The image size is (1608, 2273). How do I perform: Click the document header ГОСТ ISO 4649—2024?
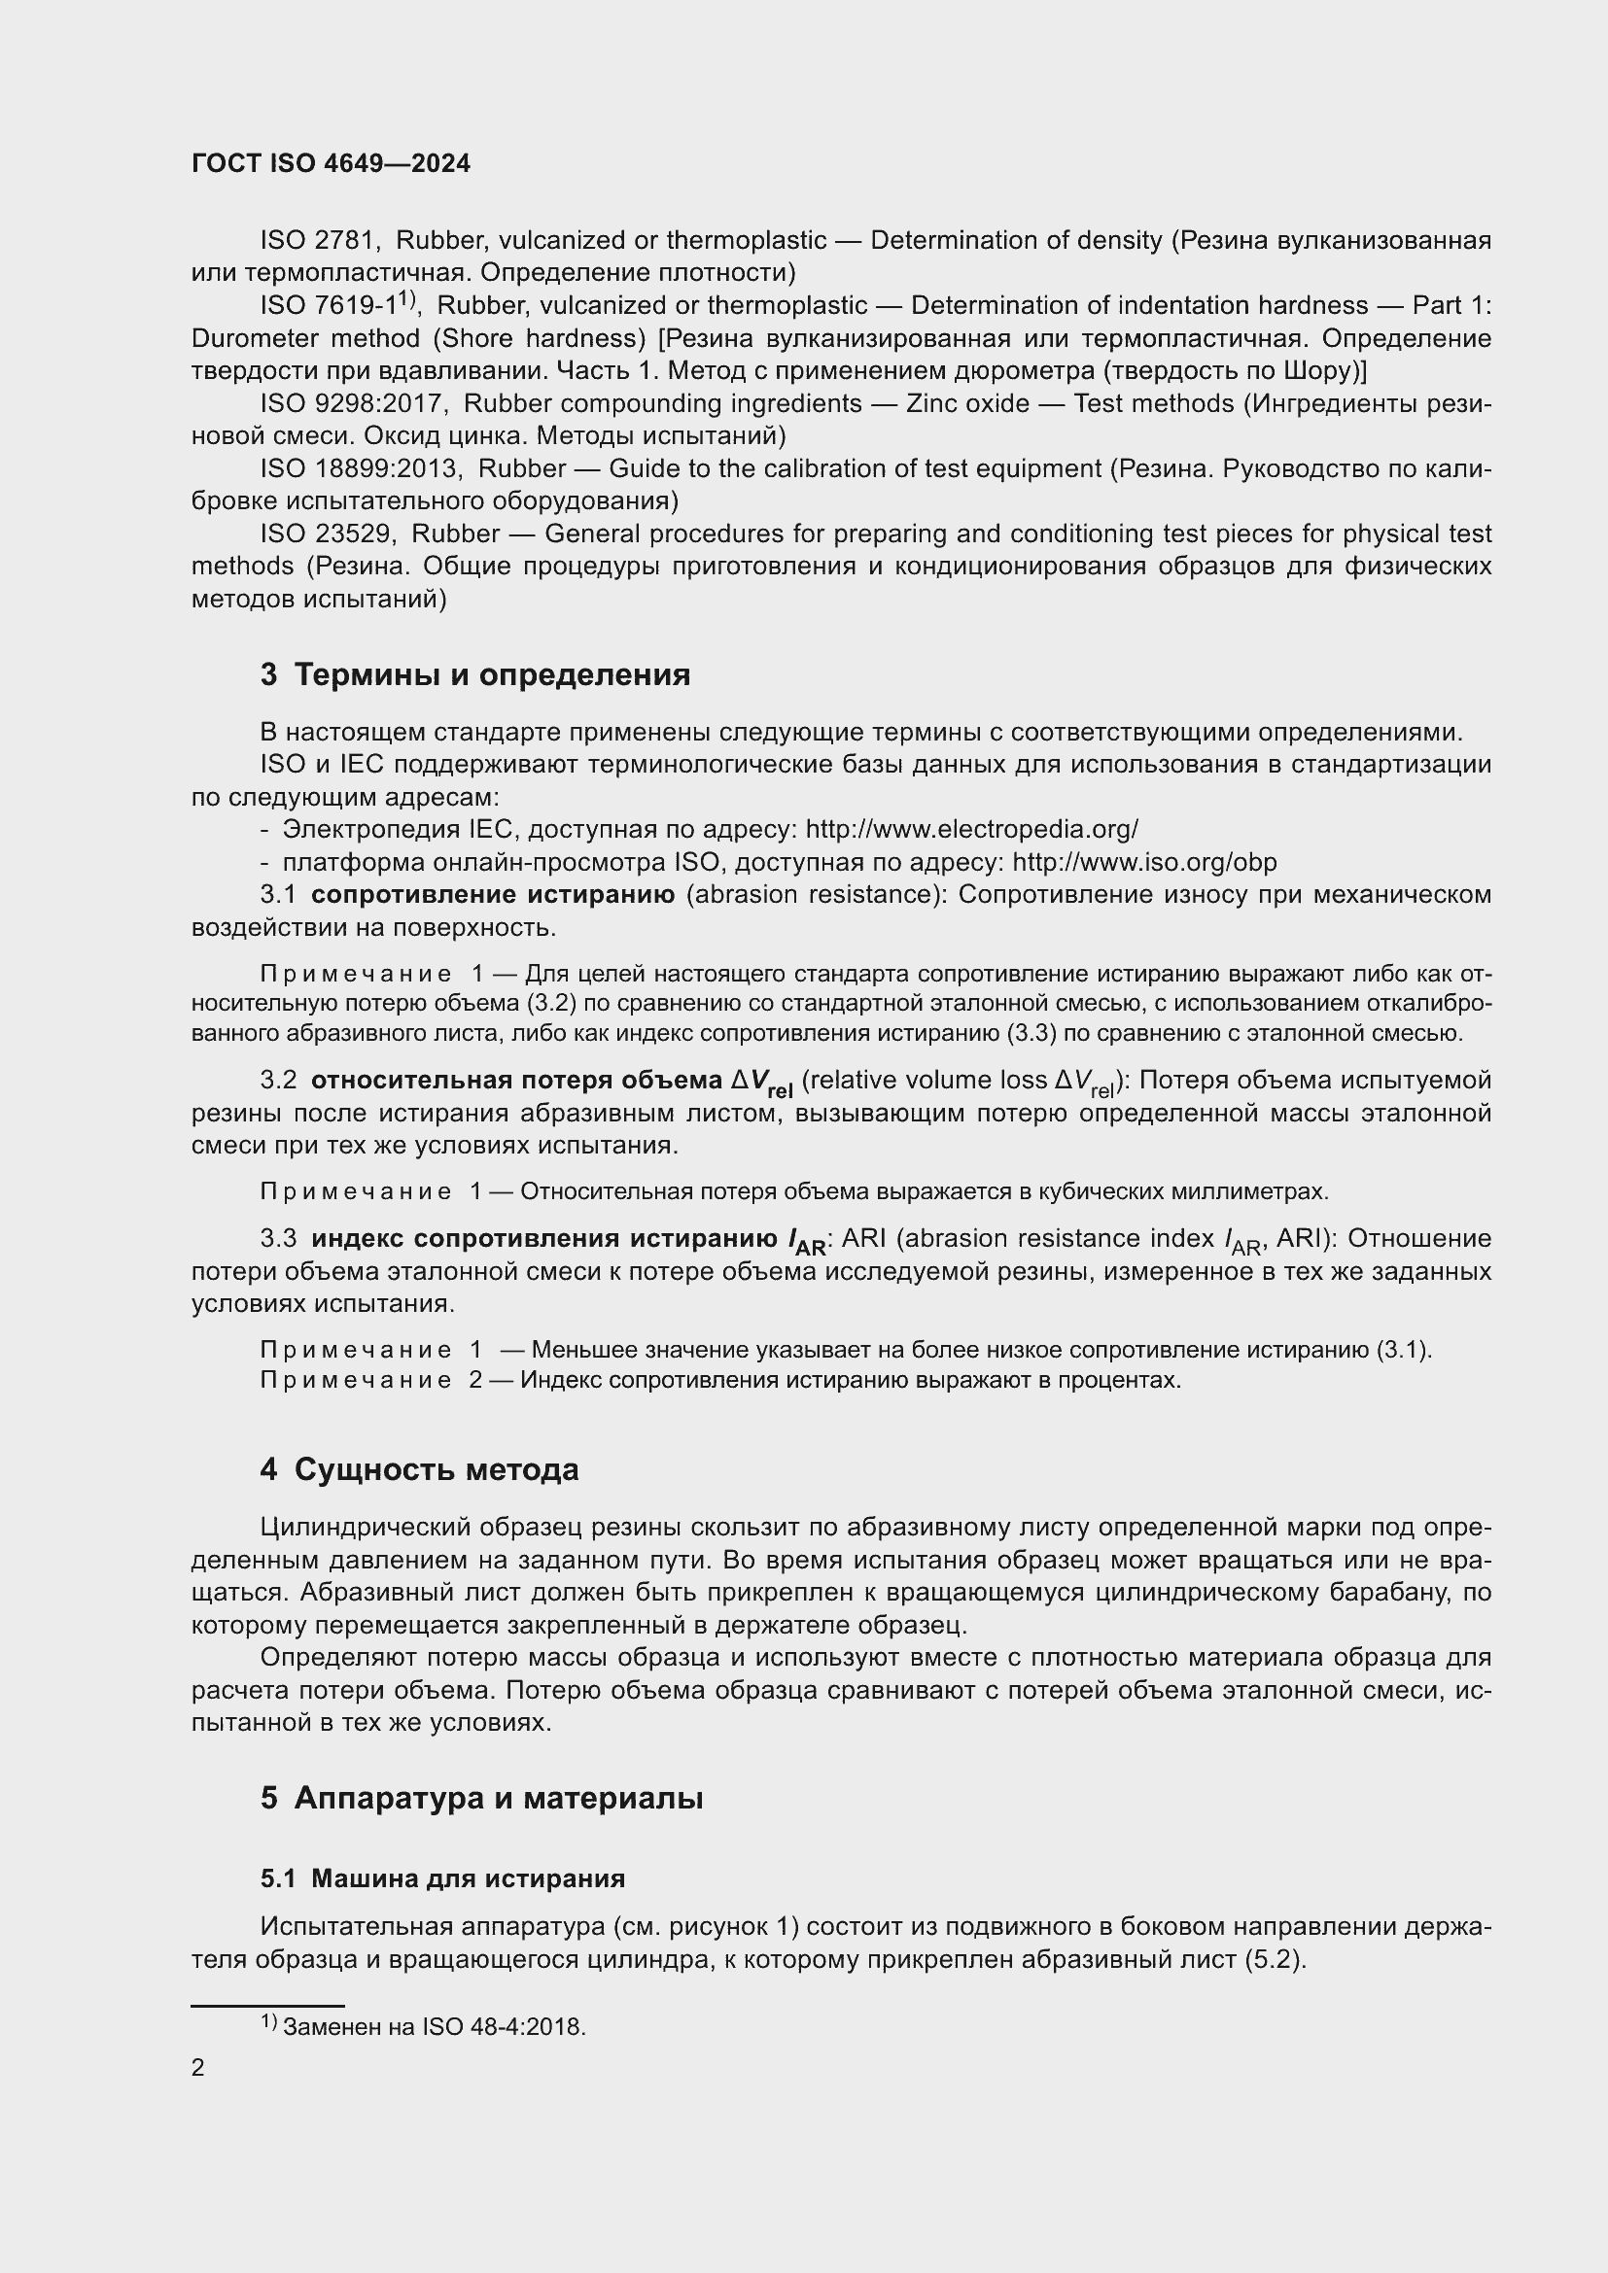[331, 163]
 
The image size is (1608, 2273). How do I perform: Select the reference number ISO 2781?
[318, 241]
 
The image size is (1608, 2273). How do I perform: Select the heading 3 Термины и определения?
[475, 675]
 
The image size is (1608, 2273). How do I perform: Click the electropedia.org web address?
[971, 830]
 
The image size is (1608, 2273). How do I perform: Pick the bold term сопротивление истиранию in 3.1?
[492, 895]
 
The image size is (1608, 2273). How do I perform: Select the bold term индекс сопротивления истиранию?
[543, 1239]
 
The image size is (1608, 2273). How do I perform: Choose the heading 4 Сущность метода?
[419, 1470]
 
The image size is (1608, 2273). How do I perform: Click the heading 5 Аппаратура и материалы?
[481, 1798]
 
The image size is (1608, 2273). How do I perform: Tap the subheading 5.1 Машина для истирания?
[442, 1878]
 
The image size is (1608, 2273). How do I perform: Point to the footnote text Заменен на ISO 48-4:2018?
[434, 2027]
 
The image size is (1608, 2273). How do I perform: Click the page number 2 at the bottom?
[198, 2067]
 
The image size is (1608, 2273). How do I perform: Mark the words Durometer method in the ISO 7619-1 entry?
[306, 338]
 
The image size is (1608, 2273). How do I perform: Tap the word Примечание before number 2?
[356, 1380]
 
